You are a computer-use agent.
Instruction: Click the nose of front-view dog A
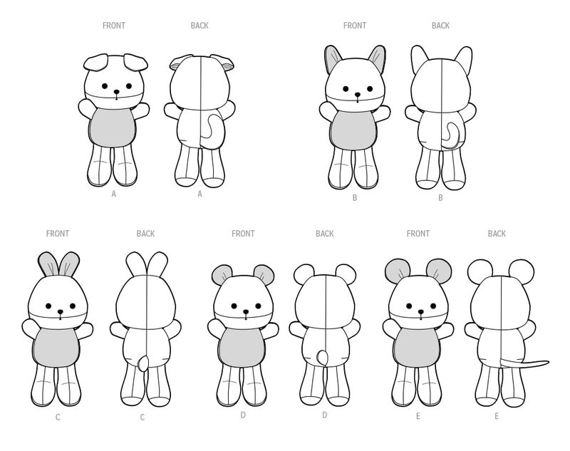(113, 91)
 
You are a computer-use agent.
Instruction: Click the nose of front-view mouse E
(418, 311)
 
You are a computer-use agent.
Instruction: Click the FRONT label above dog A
(114, 26)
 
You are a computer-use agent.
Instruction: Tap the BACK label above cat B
(440, 26)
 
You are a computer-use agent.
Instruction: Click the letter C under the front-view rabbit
(58, 417)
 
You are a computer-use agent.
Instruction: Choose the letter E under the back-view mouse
(497, 415)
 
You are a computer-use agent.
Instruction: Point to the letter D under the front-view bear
(242, 415)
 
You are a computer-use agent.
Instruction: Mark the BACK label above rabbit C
(145, 234)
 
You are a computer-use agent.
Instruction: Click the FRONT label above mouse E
(418, 234)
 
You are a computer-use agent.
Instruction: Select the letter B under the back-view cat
(440, 198)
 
